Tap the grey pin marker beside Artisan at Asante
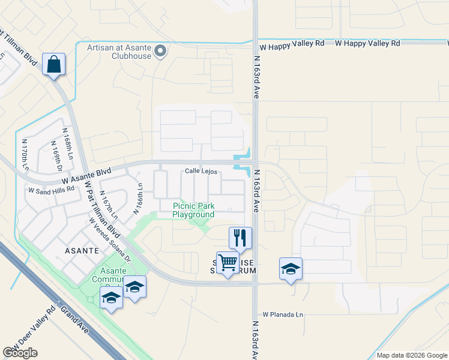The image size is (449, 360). click(x=160, y=52)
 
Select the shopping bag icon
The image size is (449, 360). click(x=54, y=64)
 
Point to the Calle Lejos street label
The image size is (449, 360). click(x=200, y=171)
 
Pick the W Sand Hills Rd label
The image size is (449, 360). click(x=52, y=188)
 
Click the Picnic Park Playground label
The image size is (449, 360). click(x=193, y=210)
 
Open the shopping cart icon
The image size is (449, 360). click(x=228, y=263)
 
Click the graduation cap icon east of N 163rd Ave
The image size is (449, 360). click(x=291, y=269)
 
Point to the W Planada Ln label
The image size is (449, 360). click(x=283, y=314)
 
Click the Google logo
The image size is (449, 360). click(x=20, y=353)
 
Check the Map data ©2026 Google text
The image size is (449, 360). click(x=412, y=355)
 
